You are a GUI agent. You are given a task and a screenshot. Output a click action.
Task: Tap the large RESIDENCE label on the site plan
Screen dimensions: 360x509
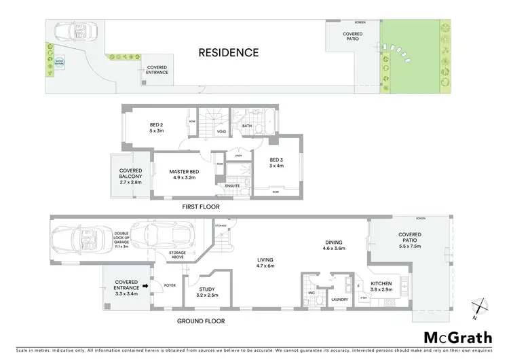pyautogui.click(x=229, y=52)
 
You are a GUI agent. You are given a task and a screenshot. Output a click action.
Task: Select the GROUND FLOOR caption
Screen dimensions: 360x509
pyautogui.click(x=201, y=321)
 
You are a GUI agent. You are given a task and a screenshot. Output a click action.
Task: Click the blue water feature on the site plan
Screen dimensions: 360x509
pyautogui.click(x=60, y=62)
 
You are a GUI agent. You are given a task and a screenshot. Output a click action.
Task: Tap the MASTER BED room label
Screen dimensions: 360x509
pyautogui.click(x=183, y=172)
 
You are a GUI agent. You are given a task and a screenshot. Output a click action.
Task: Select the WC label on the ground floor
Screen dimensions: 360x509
pyautogui.click(x=309, y=293)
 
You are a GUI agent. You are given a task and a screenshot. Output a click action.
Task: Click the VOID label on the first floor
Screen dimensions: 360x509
pyautogui.click(x=221, y=131)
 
